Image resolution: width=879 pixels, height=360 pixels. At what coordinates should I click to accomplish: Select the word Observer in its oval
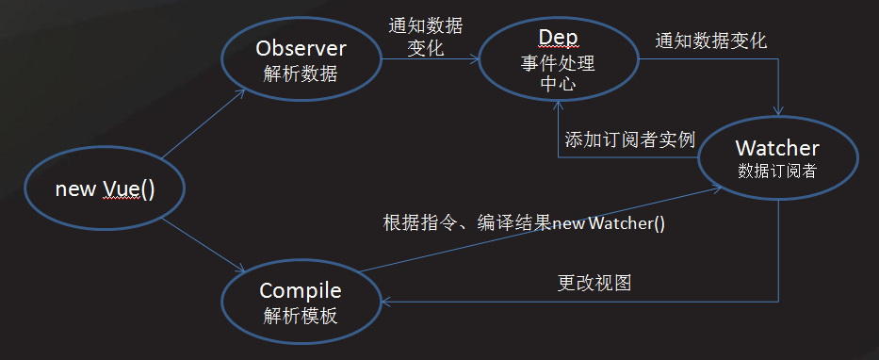click(x=301, y=47)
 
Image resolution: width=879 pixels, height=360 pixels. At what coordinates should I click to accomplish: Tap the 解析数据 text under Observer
click(x=301, y=74)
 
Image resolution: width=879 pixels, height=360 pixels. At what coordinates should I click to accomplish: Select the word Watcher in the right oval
click(x=777, y=148)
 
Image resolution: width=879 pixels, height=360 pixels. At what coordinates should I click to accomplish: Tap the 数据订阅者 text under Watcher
click(x=777, y=172)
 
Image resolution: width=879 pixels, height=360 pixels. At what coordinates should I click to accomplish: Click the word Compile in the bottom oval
click(x=301, y=290)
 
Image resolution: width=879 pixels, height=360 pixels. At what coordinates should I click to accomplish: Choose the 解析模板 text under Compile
click(x=301, y=316)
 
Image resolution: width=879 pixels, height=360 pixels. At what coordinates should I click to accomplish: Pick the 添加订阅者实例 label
click(x=629, y=139)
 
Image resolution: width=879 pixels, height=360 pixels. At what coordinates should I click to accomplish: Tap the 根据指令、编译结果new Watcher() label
click(x=524, y=223)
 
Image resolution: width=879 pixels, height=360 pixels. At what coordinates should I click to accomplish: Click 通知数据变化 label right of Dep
click(x=711, y=41)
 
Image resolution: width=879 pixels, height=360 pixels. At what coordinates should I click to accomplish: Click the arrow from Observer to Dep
click(x=429, y=61)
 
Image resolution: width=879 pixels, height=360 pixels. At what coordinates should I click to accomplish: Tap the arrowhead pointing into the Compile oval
click(x=388, y=302)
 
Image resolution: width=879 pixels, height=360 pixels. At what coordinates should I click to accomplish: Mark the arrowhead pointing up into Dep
click(x=558, y=106)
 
